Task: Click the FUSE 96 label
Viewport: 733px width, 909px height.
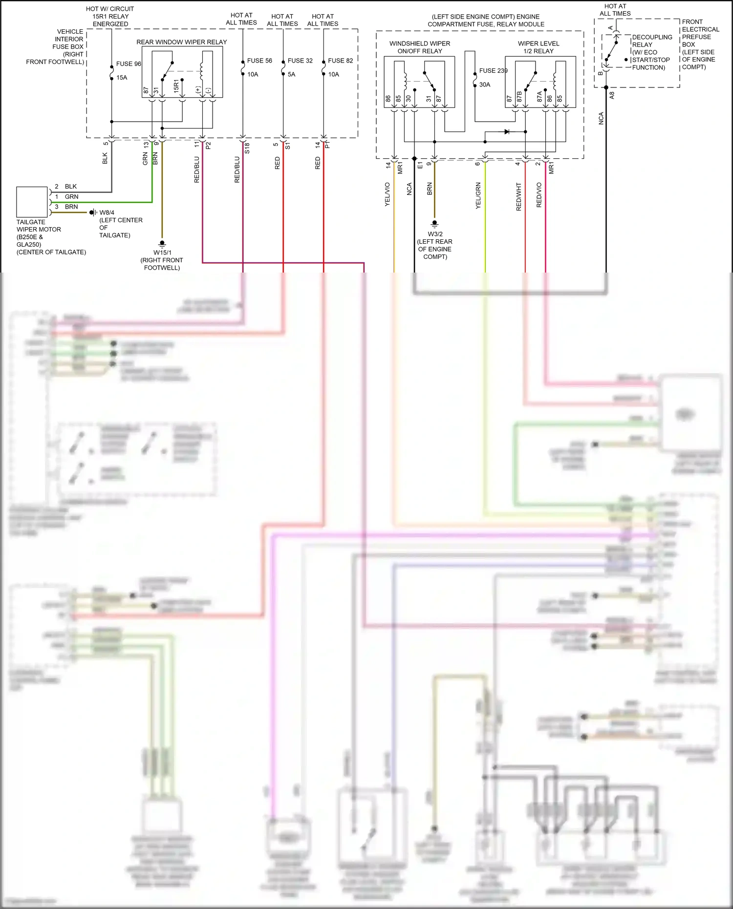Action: (129, 64)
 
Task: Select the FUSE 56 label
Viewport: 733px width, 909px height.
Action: (259, 61)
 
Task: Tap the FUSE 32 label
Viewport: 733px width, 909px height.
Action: (300, 61)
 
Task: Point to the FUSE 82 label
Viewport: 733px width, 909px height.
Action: (340, 61)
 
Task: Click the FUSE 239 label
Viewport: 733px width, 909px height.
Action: (493, 71)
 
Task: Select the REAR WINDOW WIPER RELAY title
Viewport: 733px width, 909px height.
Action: (181, 42)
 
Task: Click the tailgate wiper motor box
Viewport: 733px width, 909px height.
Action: (32, 202)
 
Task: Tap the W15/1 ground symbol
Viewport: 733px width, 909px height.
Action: (162, 244)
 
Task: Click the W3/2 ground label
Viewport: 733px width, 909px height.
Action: (435, 234)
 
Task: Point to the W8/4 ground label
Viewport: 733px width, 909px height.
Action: (107, 212)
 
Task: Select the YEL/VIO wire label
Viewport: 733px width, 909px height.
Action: (388, 194)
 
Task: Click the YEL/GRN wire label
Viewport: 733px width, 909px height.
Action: (478, 195)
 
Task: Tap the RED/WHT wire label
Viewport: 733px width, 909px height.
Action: (519, 197)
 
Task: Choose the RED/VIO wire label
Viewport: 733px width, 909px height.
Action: (539, 195)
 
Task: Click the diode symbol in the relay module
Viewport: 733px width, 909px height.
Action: (507, 131)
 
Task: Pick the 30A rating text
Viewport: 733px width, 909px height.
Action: (484, 85)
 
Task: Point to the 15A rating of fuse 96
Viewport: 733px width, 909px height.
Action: (122, 78)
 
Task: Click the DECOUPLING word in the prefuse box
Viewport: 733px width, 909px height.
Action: (652, 37)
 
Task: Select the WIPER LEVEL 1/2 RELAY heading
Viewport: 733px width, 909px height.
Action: (539, 47)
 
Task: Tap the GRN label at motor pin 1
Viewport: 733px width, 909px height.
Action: (71, 197)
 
